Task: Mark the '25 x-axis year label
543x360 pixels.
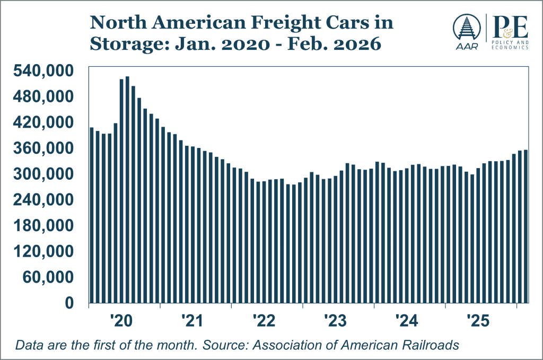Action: [x=477, y=320]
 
